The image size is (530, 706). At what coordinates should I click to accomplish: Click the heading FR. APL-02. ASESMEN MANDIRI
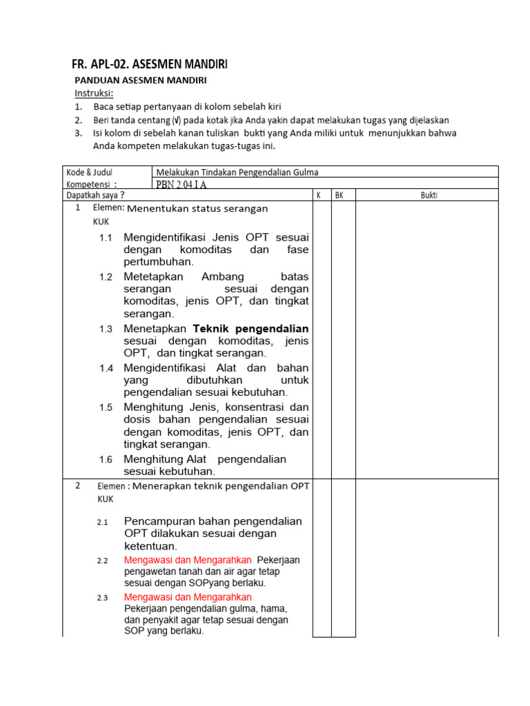(x=149, y=65)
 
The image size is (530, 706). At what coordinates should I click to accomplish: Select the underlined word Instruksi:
(x=95, y=93)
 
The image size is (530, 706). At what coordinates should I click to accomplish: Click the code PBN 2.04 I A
(x=181, y=184)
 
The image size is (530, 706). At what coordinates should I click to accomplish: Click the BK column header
(x=339, y=195)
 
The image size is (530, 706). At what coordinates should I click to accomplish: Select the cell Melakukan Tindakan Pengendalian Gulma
(x=237, y=172)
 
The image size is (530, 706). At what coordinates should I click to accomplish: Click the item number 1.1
(x=105, y=238)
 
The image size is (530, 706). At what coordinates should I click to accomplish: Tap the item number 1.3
(x=105, y=330)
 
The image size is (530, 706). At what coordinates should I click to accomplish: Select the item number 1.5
(x=105, y=407)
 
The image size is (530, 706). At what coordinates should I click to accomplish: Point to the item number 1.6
(x=105, y=460)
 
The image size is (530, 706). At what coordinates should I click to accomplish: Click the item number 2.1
(x=103, y=523)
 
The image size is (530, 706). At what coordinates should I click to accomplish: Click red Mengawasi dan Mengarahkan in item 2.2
(x=188, y=560)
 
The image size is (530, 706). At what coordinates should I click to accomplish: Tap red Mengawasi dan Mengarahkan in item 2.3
(x=188, y=597)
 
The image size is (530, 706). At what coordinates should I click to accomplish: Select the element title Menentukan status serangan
(x=197, y=208)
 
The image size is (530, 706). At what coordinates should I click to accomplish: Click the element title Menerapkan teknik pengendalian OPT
(x=221, y=485)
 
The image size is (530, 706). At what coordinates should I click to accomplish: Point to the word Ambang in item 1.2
(x=218, y=276)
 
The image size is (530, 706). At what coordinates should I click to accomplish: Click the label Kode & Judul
(x=90, y=172)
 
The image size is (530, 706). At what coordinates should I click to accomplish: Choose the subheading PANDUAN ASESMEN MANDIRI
(x=141, y=81)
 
